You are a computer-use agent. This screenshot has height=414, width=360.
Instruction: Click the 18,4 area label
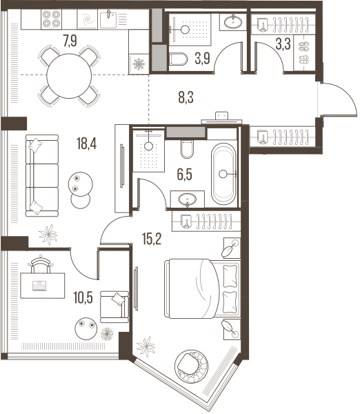(x=87, y=144)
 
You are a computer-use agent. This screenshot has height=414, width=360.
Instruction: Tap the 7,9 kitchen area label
(x=70, y=41)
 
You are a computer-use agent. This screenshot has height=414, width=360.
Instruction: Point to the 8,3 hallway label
(x=186, y=97)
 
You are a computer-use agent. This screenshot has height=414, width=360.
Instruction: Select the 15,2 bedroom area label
(x=152, y=239)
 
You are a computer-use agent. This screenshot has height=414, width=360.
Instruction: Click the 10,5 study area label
(x=83, y=298)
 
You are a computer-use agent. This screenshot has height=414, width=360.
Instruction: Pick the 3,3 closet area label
(x=283, y=44)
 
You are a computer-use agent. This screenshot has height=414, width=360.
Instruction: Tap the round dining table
(x=69, y=76)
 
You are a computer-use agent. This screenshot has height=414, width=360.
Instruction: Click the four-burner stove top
(x=52, y=19)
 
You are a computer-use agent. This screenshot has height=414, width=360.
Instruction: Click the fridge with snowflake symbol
(x=139, y=64)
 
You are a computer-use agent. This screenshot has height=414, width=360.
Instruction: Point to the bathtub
(x=223, y=174)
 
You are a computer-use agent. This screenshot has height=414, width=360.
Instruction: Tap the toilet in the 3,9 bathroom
(x=178, y=59)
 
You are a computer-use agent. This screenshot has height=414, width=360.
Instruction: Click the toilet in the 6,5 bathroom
(x=187, y=149)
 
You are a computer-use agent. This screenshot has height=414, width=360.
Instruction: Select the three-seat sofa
(x=42, y=176)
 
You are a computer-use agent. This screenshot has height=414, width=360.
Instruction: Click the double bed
(x=203, y=288)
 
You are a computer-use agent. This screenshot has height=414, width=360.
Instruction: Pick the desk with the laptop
(x=43, y=286)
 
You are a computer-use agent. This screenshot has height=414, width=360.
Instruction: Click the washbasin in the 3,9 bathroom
(x=232, y=21)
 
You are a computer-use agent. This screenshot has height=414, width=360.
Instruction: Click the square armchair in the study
(x=114, y=307)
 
